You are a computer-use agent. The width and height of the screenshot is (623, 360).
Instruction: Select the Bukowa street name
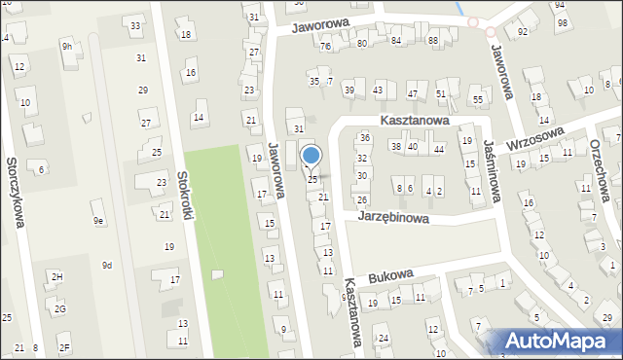(390, 276)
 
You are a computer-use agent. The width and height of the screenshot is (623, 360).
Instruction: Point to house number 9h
(67, 46)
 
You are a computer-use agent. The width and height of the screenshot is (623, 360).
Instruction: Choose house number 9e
(98, 221)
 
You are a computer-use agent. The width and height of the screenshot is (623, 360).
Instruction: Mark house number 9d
(107, 265)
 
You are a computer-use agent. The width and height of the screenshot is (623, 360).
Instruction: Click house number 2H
(57, 277)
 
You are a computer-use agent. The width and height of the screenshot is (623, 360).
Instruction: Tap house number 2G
(60, 309)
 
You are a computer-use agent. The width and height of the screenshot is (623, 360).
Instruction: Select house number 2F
(64, 347)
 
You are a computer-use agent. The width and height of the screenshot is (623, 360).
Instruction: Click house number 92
(523, 31)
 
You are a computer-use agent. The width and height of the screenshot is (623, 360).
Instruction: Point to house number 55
(477, 99)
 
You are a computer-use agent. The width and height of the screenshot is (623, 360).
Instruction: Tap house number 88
(432, 41)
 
